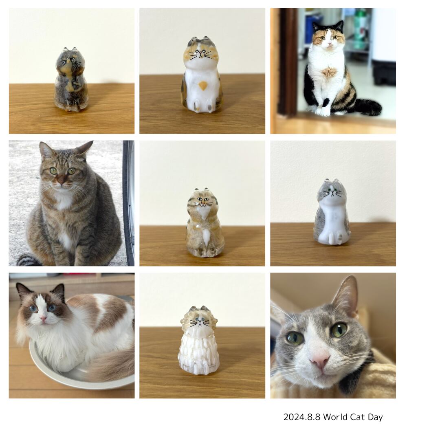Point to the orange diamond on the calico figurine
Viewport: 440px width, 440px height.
pos(202,85)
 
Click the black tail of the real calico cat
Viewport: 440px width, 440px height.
pos(368,107)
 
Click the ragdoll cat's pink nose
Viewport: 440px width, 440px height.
pos(43,317)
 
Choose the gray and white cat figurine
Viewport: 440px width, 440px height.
pos(332,213)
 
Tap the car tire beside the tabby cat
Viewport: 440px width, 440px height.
pos(129,204)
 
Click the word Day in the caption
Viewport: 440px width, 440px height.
pos(376,417)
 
